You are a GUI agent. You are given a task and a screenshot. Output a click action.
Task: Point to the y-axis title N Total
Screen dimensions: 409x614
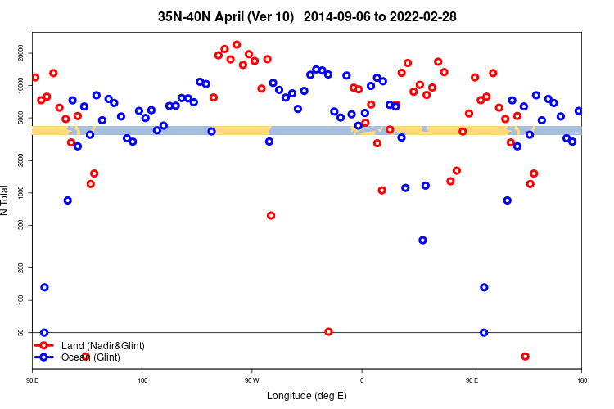pyautogui.click(x=7, y=200)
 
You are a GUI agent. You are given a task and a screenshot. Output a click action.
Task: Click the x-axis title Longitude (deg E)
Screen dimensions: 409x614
pyautogui.click(x=307, y=396)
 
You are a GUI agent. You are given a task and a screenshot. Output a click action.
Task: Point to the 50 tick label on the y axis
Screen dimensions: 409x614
pyautogui.click(x=22, y=332)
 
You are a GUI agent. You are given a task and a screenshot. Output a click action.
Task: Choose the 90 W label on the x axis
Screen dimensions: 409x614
pyautogui.click(x=251, y=380)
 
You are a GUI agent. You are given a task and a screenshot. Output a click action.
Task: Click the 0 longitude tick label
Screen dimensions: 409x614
pyautogui.click(x=362, y=380)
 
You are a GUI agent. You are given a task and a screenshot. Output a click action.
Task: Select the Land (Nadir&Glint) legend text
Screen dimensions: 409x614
pyautogui.click(x=102, y=346)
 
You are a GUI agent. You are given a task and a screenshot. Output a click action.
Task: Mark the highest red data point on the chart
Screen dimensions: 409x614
pyautogui.click(x=237, y=45)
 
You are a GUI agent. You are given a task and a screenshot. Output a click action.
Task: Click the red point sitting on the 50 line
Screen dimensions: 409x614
pyautogui.click(x=328, y=331)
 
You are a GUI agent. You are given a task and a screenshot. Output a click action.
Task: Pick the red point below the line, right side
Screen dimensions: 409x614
pyautogui.click(x=525, y=356)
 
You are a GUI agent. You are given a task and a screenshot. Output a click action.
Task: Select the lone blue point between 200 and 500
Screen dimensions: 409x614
pyautogui.click(x=422, y=240)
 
